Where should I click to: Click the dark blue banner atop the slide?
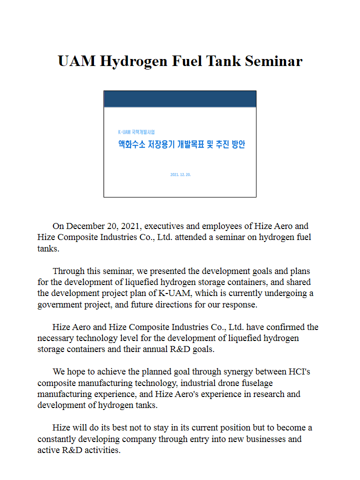[179, 99]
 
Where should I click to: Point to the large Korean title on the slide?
[181, 145]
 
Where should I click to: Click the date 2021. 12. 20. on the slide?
[180, 174]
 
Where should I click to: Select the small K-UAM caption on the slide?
[136, 132]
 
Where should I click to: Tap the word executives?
[165, 226]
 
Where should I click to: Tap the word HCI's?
[299, 371]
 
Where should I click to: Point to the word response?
[237, 304]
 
